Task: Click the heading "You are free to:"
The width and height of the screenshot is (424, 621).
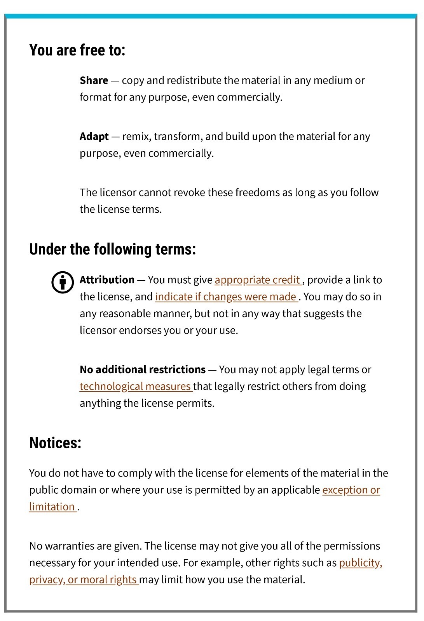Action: [77, 50]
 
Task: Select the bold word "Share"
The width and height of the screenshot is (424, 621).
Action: [94, 80]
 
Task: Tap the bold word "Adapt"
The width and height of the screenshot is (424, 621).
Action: [94, 137]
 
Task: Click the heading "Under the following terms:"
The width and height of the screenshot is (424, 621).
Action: [112, 249]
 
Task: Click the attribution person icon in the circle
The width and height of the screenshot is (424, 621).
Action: [63, 282]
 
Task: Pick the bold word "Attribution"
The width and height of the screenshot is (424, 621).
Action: [107, 280]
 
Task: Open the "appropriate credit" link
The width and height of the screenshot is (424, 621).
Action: [257, 280]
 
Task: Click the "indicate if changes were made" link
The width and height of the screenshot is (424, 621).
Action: [226, 297]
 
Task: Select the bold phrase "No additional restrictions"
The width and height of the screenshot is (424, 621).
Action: [143, 369]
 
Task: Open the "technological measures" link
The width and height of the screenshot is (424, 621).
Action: [135, 387]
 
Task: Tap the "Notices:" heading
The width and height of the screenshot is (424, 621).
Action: [55, 443]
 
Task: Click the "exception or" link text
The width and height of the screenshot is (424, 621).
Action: [351, 490]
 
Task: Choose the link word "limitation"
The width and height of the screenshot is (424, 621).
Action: [52, 507]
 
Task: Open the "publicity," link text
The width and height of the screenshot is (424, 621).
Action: [360, 563]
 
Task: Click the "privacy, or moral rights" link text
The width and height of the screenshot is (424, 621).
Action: [83, 580]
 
